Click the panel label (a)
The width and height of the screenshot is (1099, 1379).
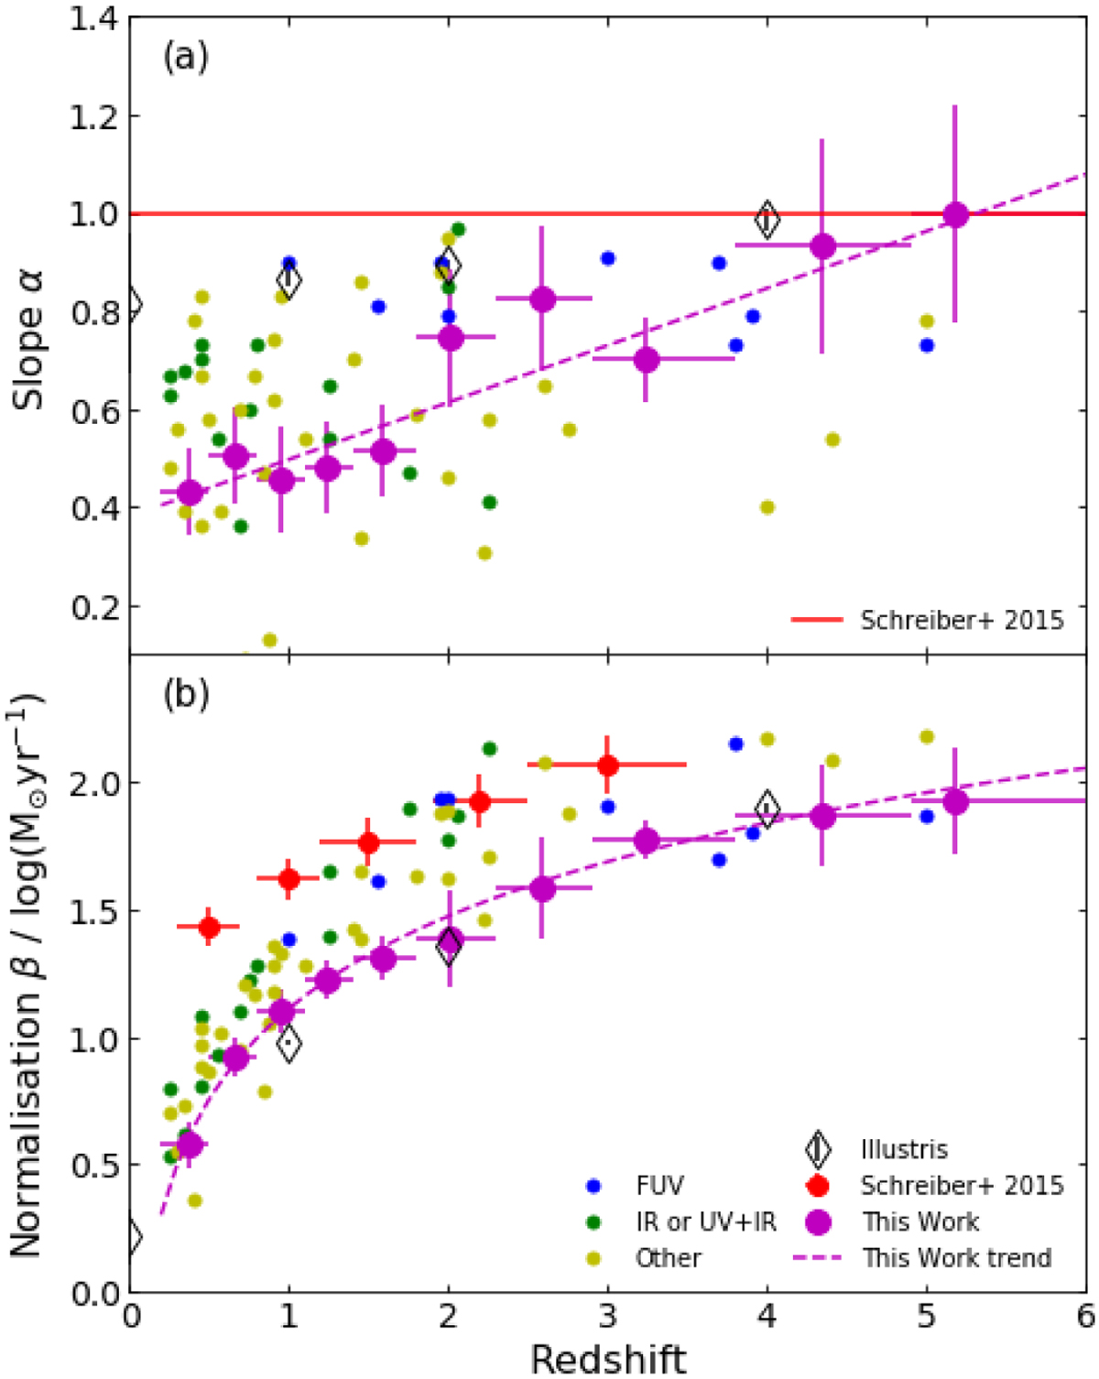pyautogui.click(x=185, y=58)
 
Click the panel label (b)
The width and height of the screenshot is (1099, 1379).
pyautogui.click(x=185, y=694)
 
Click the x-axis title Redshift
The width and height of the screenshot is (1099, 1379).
pyautogui.click(x=608, y=1359)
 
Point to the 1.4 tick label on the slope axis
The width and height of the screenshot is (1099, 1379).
pyautogui.click(x=94, y=18)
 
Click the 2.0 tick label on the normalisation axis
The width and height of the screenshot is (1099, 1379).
pyautogui.click(x=94, y=783)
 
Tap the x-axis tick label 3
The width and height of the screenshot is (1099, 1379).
pyautogui.click(x=608, y=1316)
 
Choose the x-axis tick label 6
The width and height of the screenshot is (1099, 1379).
pyautogui.click(x=1085, y=1316)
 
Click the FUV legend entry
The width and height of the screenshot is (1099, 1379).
pyautogui.click(x=659, y=1186)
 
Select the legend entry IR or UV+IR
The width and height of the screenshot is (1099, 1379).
pyautogui.click(x=705, y=1222)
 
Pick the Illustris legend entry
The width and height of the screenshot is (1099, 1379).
pyautogui.click(x=904, y=1149)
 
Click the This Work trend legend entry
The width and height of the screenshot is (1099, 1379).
pyautogui.click(x=956, y=1258)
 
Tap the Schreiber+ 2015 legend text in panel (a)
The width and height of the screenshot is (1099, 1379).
pyautogui.click(x=962, y=620)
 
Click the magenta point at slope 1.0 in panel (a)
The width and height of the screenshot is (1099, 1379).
pyautogui.click(x=955, y=215)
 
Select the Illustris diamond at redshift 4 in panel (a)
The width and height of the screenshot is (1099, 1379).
pyautogui.click(x=767, y=220)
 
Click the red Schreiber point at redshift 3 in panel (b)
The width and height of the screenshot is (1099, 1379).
pyautogui.click(x=608, y=765)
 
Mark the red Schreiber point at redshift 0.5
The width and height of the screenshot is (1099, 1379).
pyautogui.click(x=210, y=927)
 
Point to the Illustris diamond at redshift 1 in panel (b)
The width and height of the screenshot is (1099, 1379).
pyautogui.click(x=289, y=1043)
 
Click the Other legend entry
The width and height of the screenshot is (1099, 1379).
pyautogui.click(x=668, y=1258)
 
